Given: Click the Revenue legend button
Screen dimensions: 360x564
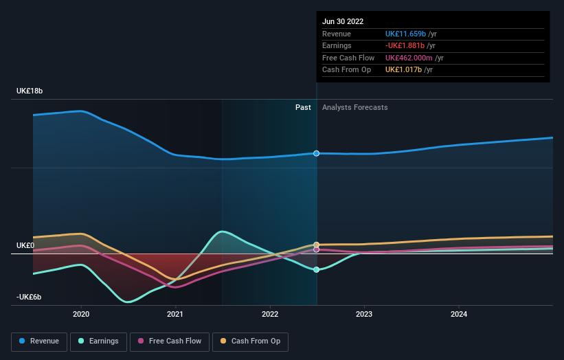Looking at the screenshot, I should coord(39,341).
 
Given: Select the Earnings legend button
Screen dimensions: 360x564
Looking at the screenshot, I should coord(98,341).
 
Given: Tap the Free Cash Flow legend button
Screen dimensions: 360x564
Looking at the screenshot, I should coord(169,341).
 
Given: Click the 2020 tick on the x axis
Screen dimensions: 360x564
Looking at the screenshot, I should coord(81,315).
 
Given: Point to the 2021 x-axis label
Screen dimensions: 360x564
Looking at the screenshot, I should coord(175,315).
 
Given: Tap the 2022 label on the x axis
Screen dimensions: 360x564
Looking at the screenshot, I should coord(270,315).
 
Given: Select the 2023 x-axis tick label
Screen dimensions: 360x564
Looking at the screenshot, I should coord(364,315).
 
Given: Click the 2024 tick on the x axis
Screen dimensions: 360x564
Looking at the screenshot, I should coord(459,315).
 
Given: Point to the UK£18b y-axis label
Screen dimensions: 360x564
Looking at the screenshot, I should coord(30,91).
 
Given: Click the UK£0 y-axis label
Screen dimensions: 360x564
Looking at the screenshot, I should coord(25,245).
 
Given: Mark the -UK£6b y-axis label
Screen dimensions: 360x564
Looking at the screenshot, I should coord(30,297).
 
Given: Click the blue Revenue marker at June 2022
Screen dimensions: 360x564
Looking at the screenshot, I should coord(317,153).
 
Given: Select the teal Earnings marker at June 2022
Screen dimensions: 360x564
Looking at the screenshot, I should coord(317,270).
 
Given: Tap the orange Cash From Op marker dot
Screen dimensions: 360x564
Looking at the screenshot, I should coord(317,245).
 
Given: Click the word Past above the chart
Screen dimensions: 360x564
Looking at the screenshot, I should coord(303,108).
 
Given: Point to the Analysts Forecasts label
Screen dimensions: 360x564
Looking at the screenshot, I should coord(354,108).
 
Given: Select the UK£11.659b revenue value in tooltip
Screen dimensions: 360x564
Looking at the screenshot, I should coord(408,34).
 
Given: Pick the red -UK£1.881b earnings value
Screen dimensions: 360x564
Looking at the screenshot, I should coord(409,46).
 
